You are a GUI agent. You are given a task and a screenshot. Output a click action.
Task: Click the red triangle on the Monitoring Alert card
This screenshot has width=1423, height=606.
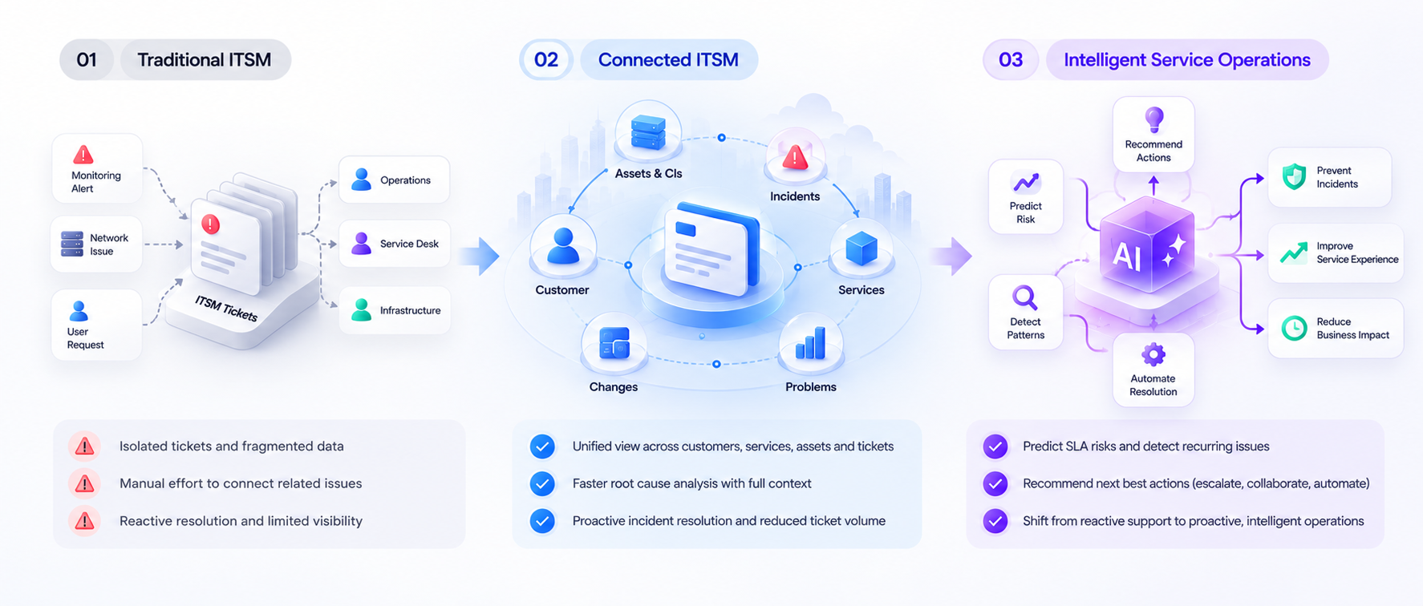tap(83, 154)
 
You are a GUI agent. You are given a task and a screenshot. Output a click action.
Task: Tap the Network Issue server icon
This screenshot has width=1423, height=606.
tap(72, 244)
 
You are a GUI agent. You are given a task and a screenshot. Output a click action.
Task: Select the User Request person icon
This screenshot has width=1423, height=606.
tap(79, 310)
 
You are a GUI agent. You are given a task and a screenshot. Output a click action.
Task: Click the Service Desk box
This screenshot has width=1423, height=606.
tap(394, 244)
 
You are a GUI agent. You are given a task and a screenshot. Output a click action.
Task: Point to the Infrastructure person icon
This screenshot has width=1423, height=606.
tap(362, 309)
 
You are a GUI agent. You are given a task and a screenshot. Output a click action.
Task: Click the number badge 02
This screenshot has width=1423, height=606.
tap(546, 59)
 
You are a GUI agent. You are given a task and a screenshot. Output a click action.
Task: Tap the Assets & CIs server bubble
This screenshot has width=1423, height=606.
tap(648, 132)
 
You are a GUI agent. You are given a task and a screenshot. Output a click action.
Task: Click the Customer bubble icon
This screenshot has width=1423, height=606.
tap(563, 246)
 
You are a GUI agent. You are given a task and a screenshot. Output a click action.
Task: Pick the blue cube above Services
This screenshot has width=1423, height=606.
tap(862, 248)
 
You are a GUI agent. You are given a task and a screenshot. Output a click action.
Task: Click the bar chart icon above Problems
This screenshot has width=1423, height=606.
tap(810, 344)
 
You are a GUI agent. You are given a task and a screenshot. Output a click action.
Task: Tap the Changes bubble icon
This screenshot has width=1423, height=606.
tap(614, 343)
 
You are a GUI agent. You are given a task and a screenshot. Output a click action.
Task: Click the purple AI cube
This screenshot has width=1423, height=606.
tap(1147, 245)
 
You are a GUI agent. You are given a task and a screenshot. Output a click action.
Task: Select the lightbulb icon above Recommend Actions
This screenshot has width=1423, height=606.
tap(1153, 119)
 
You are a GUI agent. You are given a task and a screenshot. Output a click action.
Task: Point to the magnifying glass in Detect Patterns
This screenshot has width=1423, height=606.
tap(1024, 298)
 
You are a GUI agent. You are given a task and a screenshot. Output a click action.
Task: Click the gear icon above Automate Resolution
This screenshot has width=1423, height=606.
tap(1153, 354)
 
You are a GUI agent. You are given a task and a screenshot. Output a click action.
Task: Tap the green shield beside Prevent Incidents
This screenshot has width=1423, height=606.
tap(1294, 176)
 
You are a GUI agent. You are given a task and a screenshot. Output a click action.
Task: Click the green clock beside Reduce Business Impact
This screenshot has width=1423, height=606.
tap(1294, 328)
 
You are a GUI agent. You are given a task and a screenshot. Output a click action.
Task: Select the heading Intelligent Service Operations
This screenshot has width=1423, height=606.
tap(1187, 59)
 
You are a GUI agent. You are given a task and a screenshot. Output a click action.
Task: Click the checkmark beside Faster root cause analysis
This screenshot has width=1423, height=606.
tap(543, 483)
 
